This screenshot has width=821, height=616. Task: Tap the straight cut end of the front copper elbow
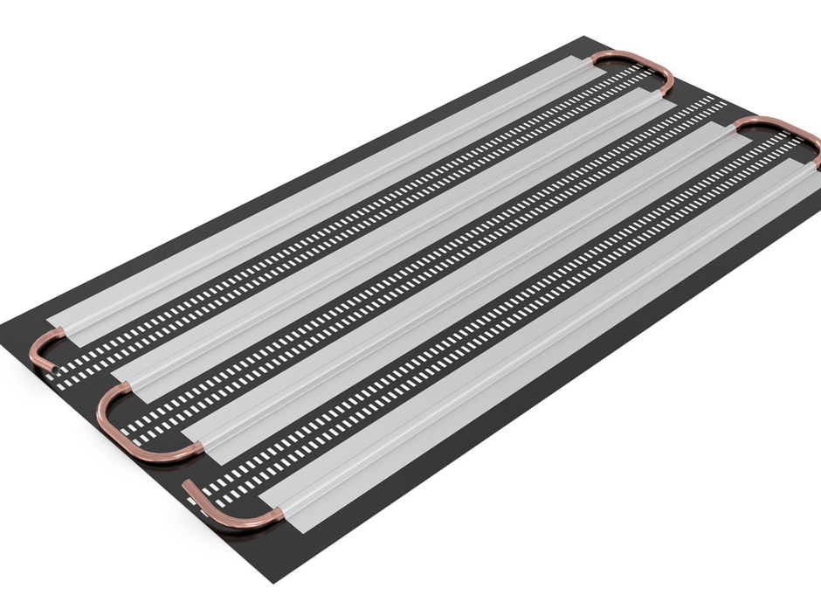click(188, 484)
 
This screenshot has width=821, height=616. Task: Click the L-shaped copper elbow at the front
click(223, 516)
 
